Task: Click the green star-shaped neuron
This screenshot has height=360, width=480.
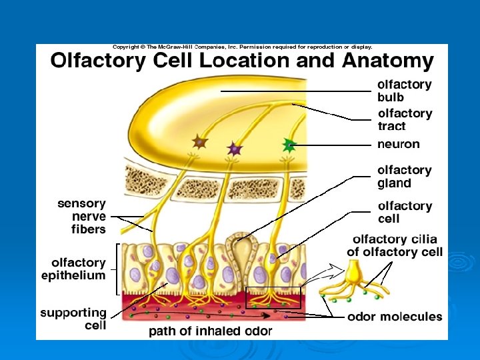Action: pyautogui.click(x=288, y=143)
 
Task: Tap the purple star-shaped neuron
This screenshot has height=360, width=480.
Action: pyautogui.click(x=233, y=147)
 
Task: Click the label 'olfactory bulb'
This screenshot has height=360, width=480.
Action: pyautogui.click(x=405, y=91)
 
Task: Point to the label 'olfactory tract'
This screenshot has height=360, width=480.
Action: pyautogui.click(x=405, y=119)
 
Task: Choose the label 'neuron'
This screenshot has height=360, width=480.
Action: pyautogui.click(x=399, y=144)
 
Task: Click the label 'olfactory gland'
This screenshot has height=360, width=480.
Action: pyautogui.click(x=405, y=177)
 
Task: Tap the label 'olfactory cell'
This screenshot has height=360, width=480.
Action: pyautogui.click(x=405, y=212)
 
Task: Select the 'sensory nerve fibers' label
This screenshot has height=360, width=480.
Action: pyautogui.click(x=81, y=216)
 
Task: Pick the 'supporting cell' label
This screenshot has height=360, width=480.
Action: pyautogui.click(x=73, y=319)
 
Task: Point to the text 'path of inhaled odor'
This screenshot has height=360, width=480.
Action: pyautogui.click(x=210, y=331)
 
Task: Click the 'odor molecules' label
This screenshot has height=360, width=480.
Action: pyautogui.click(x=395, y=317)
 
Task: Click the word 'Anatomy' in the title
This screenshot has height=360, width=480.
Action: pyautogui.click(x=387, y=61)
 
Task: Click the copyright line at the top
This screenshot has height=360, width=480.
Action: pyautogui.click(x=242, y=47)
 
